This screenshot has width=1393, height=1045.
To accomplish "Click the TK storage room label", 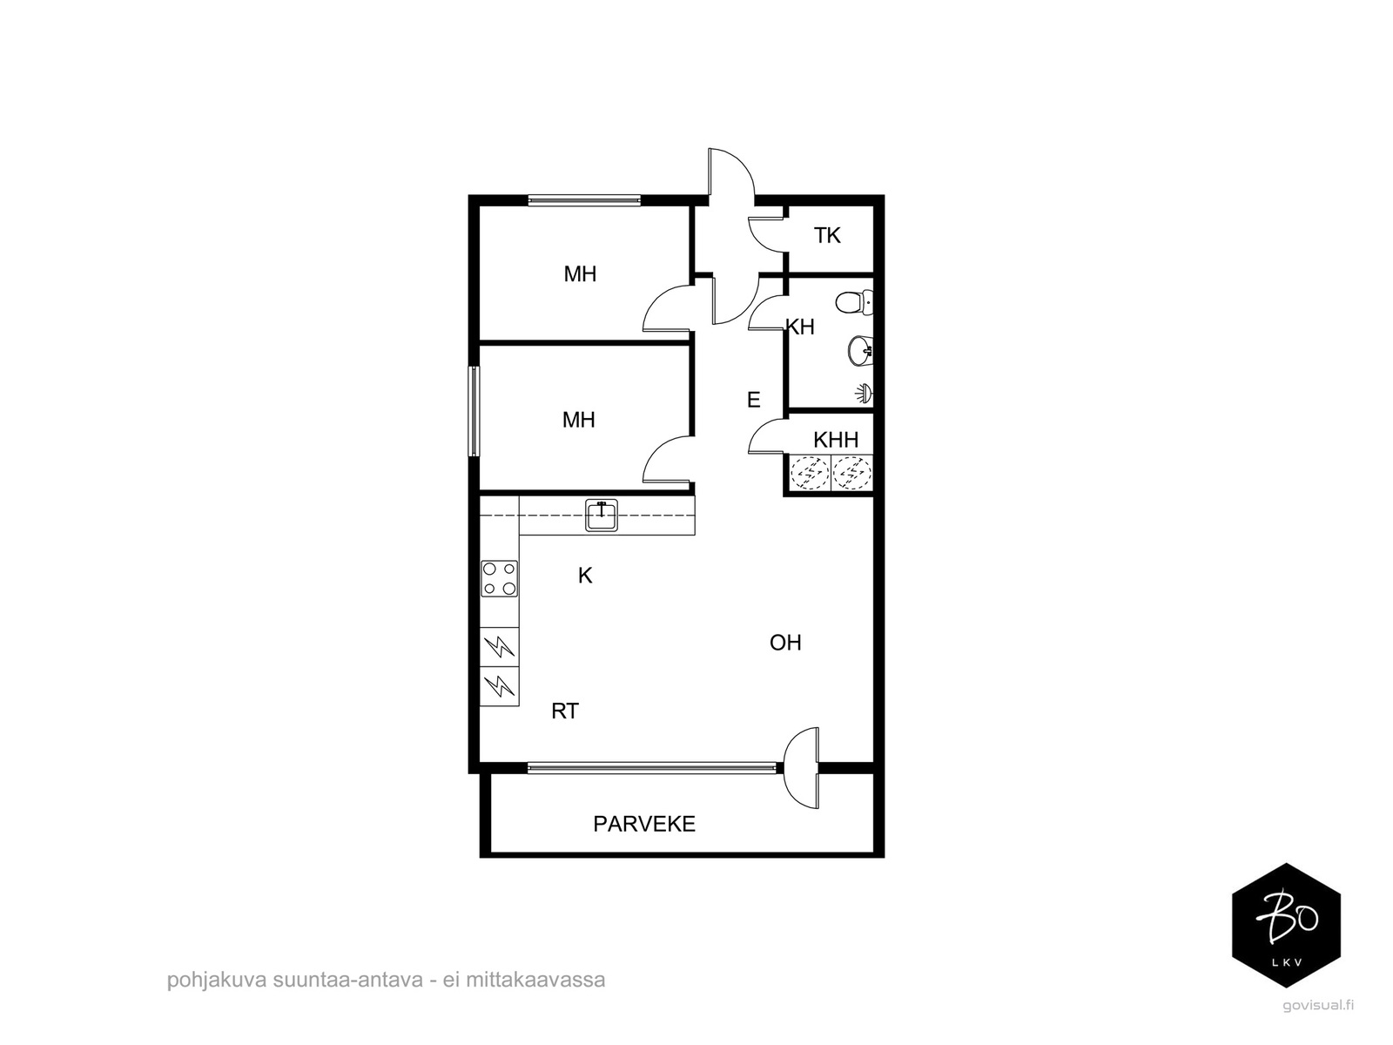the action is click(827, 235).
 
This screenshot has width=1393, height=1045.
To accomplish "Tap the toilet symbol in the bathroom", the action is click(853, 302).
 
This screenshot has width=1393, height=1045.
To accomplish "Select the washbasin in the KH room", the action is click(860, 351).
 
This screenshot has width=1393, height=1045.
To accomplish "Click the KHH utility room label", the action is click(836, 439).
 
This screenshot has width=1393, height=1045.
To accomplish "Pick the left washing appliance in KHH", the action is click(809, 474).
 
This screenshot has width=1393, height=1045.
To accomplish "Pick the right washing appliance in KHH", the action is click(852, 474).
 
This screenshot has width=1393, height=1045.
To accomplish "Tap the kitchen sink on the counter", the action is click(601, 516).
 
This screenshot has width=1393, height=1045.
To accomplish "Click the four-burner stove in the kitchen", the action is click(499, 578).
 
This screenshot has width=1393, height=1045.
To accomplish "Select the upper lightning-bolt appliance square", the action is click(500, 647).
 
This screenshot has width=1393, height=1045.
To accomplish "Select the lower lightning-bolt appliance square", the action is click(500, 686).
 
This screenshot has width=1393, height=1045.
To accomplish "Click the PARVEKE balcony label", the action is click(644, 824).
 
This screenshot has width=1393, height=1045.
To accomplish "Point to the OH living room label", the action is click(785, 643).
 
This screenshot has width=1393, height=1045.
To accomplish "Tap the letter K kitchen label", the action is click(584, 576).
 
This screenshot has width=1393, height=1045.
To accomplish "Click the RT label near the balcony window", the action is click(565, 711).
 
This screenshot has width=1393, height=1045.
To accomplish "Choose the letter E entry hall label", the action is click(753, 400).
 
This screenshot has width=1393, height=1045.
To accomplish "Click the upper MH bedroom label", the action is click(580, 274).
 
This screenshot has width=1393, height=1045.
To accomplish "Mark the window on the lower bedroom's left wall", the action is click(474, 410).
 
